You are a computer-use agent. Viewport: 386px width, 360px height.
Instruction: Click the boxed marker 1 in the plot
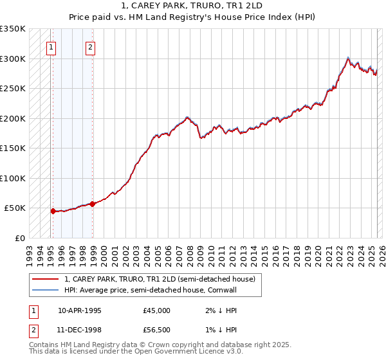[x=51, y=46]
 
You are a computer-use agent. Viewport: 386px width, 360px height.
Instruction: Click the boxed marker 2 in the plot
[x=91, y=46]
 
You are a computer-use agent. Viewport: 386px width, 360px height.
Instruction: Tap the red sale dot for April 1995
[x=53, y=210]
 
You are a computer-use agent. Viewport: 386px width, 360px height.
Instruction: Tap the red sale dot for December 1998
[x=93, y=204]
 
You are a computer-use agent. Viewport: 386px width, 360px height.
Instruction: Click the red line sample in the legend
[x=46, y=279]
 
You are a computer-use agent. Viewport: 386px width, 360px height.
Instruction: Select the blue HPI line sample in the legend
[x=46, y=290]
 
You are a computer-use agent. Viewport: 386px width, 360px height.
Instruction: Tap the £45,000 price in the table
[x=156, y=310]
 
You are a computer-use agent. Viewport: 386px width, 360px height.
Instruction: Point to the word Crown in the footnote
[x=161, y=346]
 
